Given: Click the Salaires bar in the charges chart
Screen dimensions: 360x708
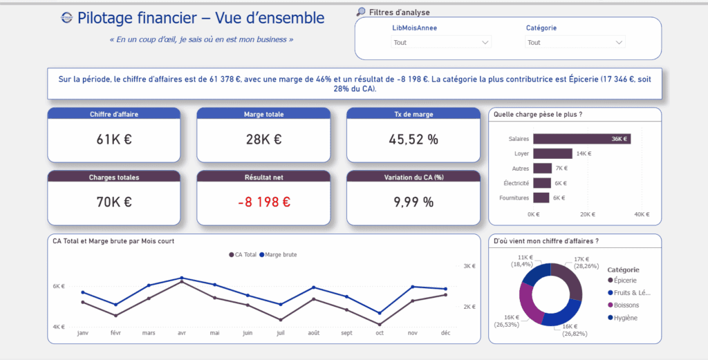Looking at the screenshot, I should click(x=581, y=139).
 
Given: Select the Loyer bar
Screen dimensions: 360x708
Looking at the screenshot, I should click(x=552, y=153).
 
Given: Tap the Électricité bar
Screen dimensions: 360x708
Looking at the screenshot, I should click(x=542, y=183).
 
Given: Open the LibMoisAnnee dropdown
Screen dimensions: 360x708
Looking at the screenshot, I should click(x=441, y=42).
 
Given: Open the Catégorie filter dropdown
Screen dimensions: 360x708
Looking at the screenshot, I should click(x=575, y=42).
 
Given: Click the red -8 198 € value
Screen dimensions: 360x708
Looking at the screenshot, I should click(x=263, y=202).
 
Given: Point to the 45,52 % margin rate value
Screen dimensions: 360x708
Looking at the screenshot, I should click(x=413, y=140).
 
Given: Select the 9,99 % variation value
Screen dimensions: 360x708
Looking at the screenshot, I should click(x=413, y=202).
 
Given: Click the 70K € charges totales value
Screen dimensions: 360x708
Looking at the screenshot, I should click(x=114, y=202).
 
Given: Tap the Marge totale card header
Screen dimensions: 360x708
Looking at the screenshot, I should click(x=263, y=114).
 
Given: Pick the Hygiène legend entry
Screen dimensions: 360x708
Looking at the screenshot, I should click(x=625, y=318).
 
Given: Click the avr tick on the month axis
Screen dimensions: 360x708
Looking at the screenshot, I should click(x=181, y=332).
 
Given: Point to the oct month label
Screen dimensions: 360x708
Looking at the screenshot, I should click(x=380, y=332).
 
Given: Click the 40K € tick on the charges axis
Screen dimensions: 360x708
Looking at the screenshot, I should click(x=642, y=214).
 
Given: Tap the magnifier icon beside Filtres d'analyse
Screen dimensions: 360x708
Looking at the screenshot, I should click(x=361, y=12).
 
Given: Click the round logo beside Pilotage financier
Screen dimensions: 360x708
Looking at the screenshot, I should click(x=66, y=18).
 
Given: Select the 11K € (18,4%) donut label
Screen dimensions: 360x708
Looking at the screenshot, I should click(x=522, y=260).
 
